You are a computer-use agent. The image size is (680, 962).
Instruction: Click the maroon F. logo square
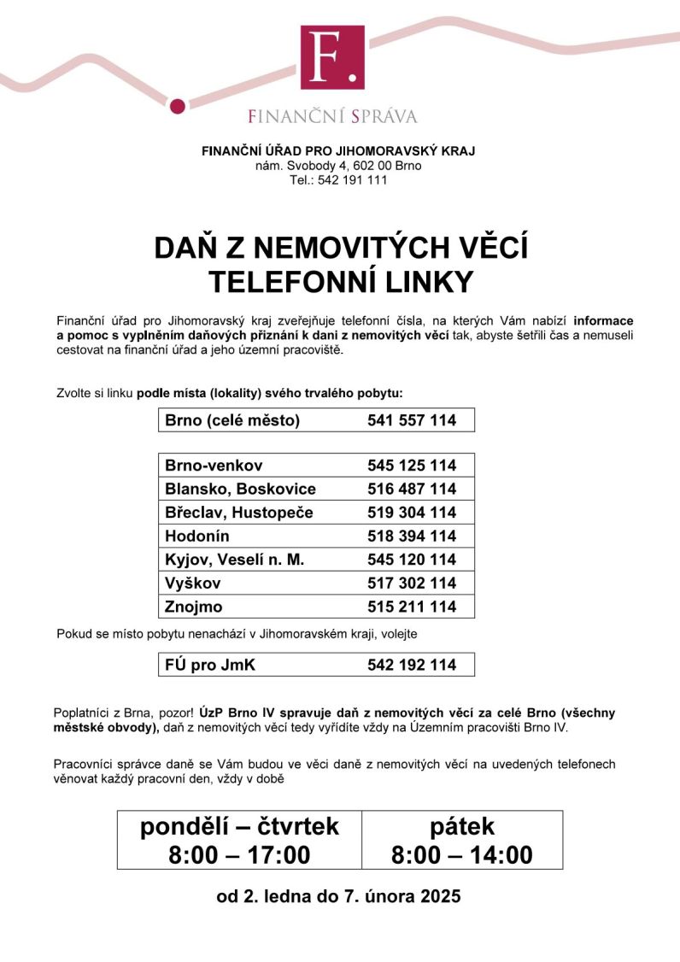tap(332, 57)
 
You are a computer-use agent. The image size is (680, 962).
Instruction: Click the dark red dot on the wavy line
tap(178, 105)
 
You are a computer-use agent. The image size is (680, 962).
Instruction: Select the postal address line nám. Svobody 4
tap(338, 166)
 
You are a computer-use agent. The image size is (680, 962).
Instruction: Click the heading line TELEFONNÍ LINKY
tap(341, 281)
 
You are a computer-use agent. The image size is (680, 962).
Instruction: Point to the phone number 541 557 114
tap(412, 420)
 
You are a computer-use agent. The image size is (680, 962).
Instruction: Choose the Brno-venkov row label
tap(214, 466)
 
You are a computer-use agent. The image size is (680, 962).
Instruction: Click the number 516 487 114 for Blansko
tap(412, 490)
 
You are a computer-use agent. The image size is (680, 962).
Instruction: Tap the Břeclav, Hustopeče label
tap(239, 513)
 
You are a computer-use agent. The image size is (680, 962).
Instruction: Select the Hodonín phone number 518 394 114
tap(412, 537)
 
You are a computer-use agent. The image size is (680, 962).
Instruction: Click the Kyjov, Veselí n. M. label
tap(235, 560)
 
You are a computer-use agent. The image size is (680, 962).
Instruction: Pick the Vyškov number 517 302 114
tap(412, 584)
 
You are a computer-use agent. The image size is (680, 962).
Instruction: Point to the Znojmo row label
tap(194, 607)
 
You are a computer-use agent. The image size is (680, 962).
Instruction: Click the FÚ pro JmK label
tap(206, 665)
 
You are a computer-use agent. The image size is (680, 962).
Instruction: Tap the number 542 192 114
tap(412, 665)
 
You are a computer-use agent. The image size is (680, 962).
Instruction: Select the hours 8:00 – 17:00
tap(240, 854)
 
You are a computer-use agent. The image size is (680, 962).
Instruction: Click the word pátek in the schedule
tap(462, 826)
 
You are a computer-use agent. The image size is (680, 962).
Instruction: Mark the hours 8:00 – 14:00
tap(462, 854)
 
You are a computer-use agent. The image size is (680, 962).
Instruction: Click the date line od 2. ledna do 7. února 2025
tap(339, 897)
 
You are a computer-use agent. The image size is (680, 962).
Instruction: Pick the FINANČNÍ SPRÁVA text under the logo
tap(333, 115)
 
